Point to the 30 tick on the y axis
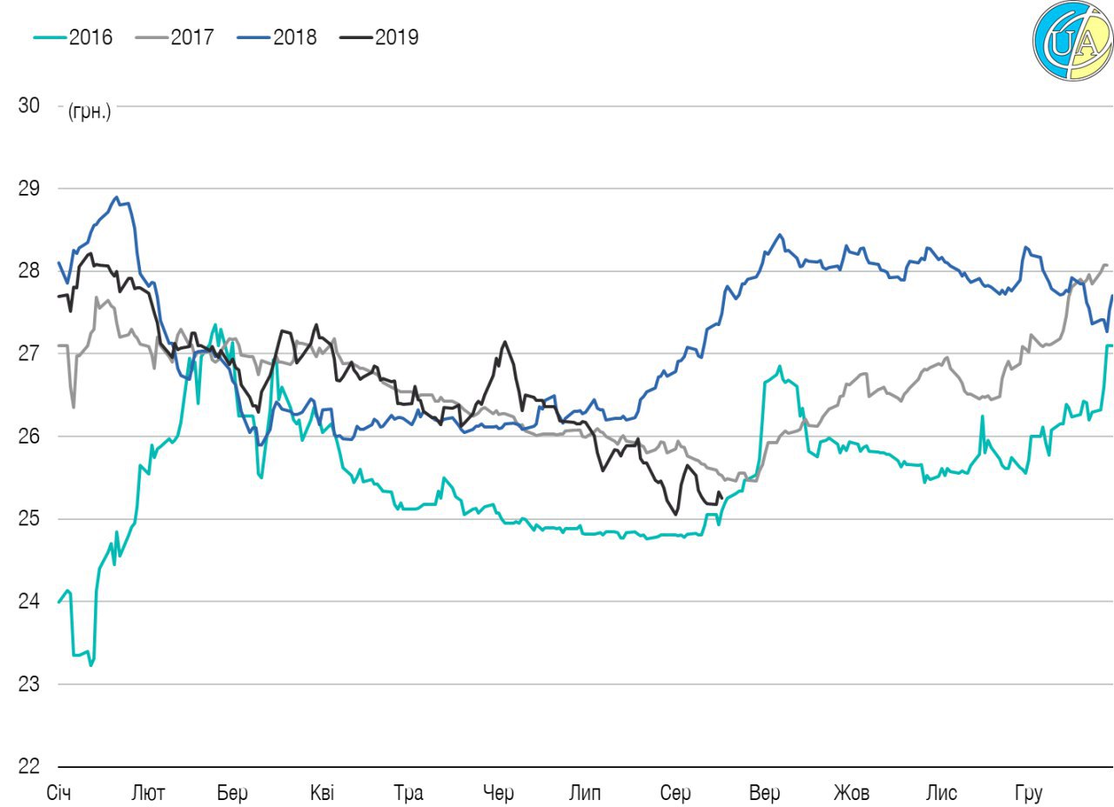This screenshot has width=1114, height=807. [29, 106]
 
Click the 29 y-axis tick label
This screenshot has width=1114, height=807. [29, 189]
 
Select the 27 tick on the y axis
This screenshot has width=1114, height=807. [29, 354]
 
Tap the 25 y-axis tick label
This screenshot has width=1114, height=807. [29, 519]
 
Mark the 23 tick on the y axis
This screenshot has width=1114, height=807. [29, 684]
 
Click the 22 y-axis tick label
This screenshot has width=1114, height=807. [29, 767]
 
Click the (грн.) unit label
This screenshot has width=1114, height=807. [89, 111]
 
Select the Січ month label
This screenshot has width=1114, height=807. [59, 793]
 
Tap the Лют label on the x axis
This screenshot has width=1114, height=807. [147, 793]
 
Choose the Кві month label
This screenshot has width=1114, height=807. [321, 793]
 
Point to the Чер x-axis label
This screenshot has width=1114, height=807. [499, 793]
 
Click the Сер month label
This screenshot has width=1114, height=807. [675, 793]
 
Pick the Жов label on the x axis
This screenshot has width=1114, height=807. [851, 793]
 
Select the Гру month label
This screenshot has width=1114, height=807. [1028, 793]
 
